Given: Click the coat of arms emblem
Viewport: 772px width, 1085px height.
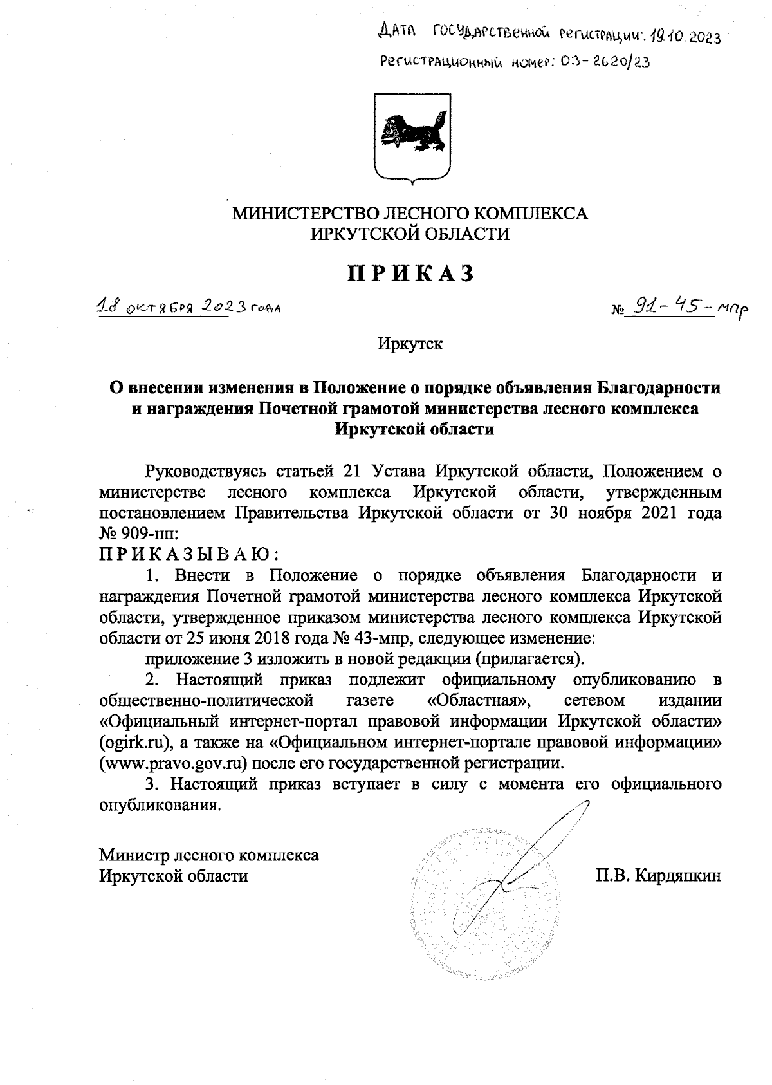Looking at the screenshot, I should click(x=412, y=138).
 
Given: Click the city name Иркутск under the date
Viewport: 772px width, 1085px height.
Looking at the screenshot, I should click(x=410, y=344).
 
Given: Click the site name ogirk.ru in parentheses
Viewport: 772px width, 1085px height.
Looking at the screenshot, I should click(x=136, y=743).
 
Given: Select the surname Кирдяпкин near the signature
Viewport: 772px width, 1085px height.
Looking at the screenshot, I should click(x=677, y=876).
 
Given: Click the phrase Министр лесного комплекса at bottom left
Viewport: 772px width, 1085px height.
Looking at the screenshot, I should click(x=208, y=855).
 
